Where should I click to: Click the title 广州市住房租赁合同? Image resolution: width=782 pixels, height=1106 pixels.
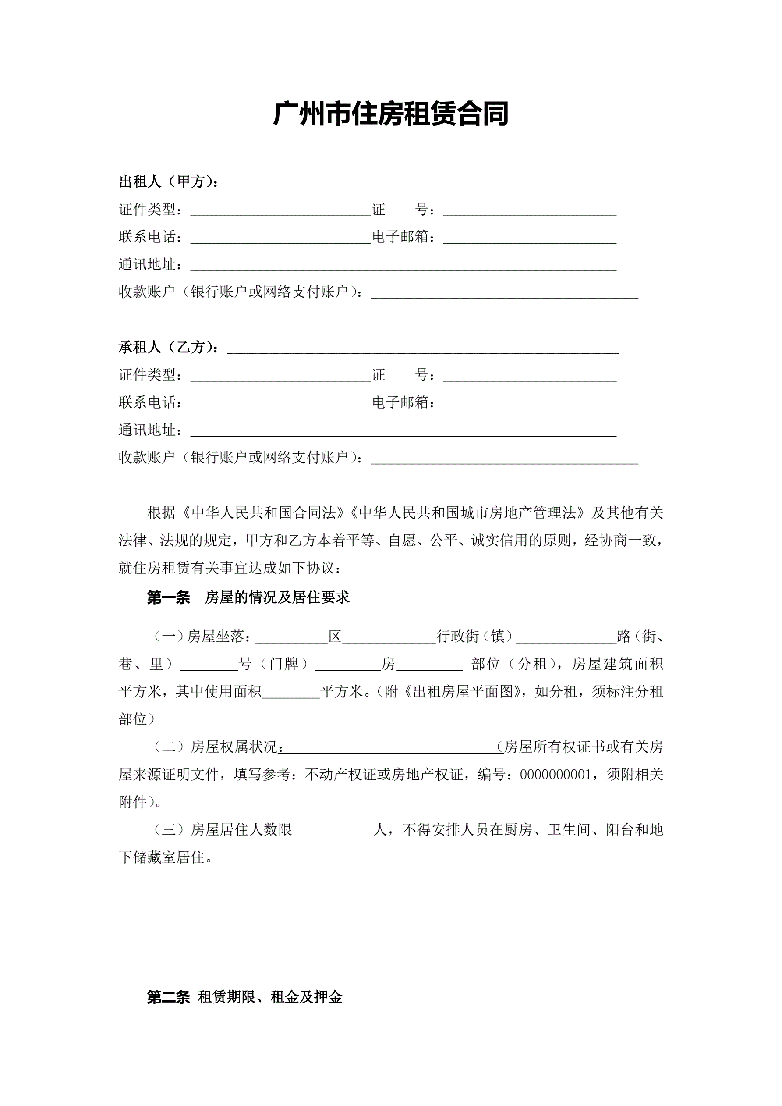click(390, 114)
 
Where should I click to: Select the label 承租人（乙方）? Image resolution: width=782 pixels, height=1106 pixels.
click(168, 347)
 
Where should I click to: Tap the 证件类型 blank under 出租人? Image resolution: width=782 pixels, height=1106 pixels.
click(280, 210)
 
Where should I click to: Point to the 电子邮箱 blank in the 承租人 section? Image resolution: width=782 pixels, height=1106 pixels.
click(529, 403)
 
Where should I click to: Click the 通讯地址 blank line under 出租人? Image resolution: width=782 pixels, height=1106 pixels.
click(403, 265)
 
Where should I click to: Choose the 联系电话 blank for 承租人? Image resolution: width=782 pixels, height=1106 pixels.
click(280, 403)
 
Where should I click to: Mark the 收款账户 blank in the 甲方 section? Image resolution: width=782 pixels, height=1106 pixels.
click(504, 293)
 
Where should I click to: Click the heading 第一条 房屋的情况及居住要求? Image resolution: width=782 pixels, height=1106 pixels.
click(248, 598)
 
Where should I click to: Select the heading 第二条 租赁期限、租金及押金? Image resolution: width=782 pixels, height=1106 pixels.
click(244, 997)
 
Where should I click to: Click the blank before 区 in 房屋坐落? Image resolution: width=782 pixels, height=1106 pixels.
click(291, 637)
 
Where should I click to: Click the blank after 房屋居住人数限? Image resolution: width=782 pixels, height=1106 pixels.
click(333, 830)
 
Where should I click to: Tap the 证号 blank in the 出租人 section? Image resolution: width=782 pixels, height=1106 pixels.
click(529, 210)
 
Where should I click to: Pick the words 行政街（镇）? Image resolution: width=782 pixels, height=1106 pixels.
click(475, 637)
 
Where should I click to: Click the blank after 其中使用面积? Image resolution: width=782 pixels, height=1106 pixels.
click(291, 692)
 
